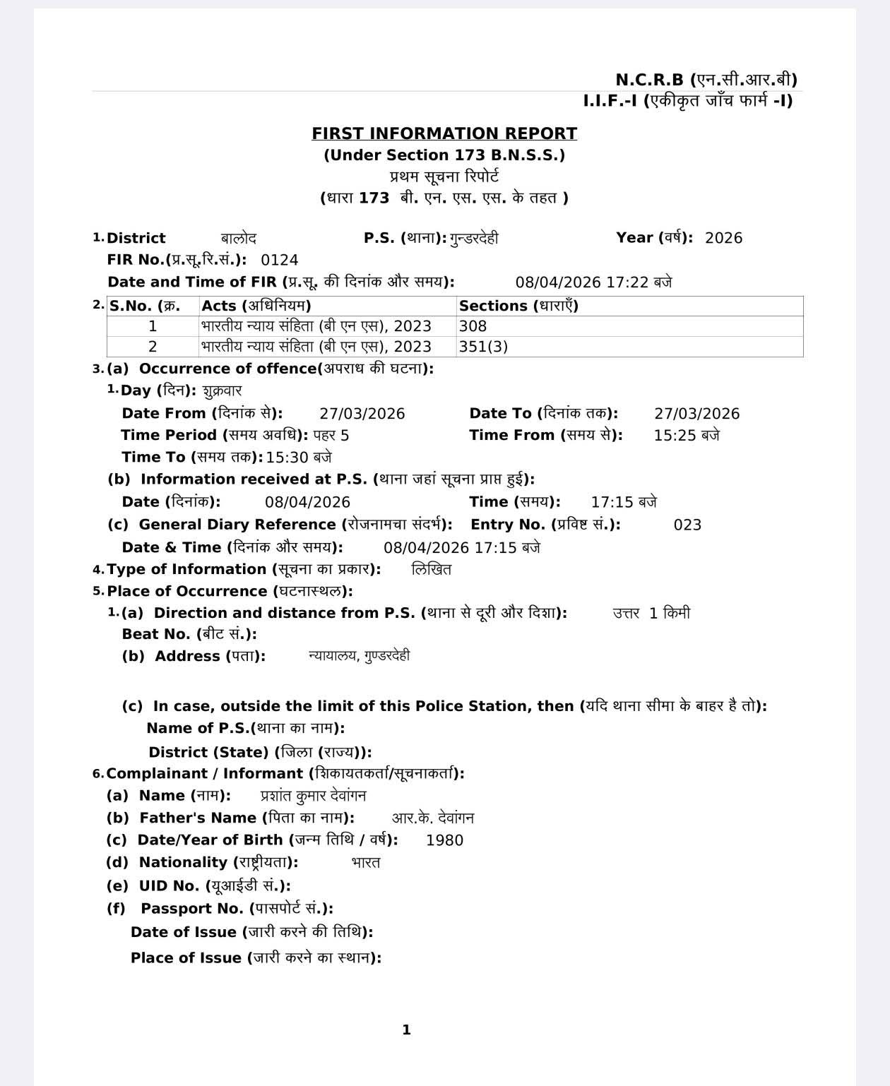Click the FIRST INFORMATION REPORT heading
click(444, 133)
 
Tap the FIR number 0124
click(280, 260)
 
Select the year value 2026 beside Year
click(723, 238)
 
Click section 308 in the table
click(473, 326)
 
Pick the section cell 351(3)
click(483, 347)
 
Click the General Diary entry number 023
click(687, 525)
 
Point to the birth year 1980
click(444, 840)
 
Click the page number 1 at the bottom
click(406, 1030)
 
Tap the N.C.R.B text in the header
click(649, 80)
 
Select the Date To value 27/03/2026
click(696, 414)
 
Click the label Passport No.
click(192, 909)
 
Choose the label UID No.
click(169, 885)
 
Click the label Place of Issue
click(186, 958)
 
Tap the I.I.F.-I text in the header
click(610, 101)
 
